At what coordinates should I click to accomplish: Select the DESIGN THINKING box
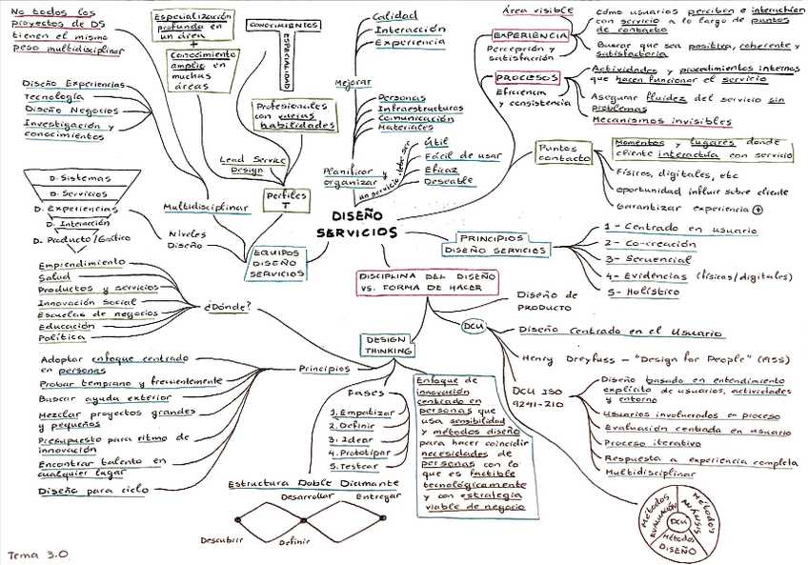point(387,344)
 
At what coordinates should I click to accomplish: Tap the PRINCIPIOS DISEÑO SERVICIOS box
point(495,243)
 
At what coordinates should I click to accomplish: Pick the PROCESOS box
point(527,77)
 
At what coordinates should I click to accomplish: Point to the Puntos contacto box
point(564,154)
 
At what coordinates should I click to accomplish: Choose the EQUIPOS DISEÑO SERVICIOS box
point(275,263)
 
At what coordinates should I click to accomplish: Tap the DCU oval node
point(474,327)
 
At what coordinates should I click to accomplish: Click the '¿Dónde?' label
point(228,307)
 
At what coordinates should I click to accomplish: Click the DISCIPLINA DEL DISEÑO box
point(415,280)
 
